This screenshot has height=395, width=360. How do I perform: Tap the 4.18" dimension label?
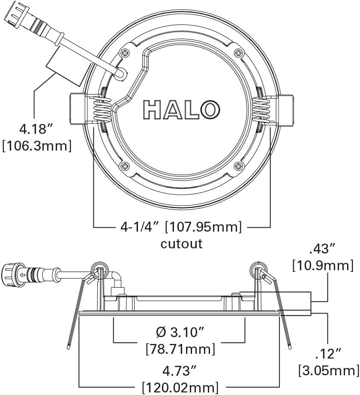36,128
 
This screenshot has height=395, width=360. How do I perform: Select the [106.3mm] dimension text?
36,145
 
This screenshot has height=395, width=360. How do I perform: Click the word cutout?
181,244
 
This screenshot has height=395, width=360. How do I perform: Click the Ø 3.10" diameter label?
180,332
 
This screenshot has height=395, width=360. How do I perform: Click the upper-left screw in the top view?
125,54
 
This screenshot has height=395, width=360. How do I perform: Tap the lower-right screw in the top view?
238,165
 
